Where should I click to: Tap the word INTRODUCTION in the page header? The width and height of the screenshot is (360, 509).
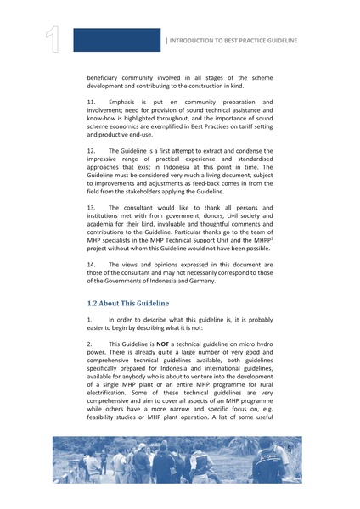pyautogui.click(x=203, y=41)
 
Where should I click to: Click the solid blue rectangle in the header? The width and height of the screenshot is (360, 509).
pyautogui.click(x=116, y=40)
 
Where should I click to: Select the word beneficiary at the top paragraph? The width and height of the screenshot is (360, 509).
pyautogui.click(x=107, y=77)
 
